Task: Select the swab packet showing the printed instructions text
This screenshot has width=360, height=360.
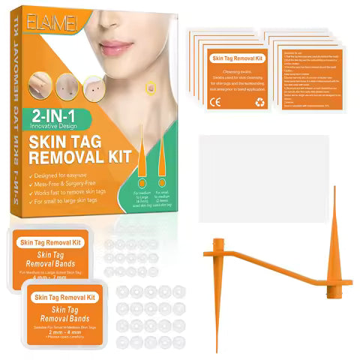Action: tap(308, 75)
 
